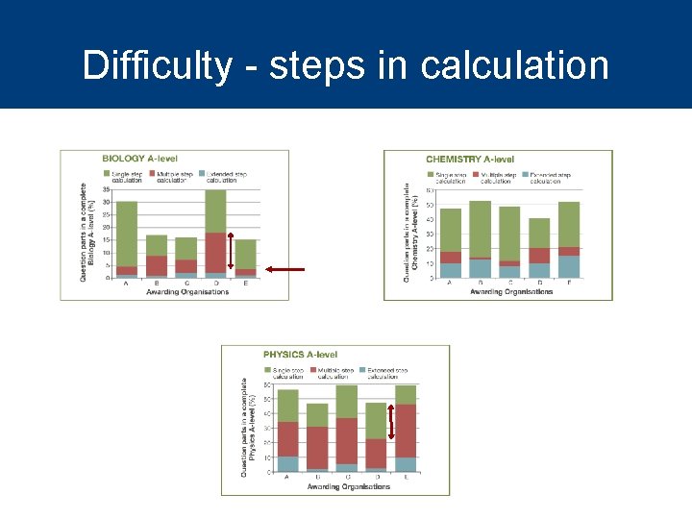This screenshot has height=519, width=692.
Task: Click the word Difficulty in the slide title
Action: tap(157, 65)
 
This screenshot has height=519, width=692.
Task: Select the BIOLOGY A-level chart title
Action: tap(140, 159)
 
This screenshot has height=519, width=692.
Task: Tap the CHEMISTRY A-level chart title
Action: tap(470, 159)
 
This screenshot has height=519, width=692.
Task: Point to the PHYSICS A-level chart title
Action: tap(301, 355)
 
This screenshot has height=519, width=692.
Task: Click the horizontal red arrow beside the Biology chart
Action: tap(286, 270)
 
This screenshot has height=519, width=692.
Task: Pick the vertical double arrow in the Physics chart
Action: tap(391, 422)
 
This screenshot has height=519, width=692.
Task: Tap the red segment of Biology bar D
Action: tap(215, 252)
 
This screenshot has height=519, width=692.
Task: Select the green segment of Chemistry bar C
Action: tap(509, 233)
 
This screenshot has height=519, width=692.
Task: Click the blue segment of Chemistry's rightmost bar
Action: tap(569, 266)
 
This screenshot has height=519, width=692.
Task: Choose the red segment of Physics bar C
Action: tap(346, 440)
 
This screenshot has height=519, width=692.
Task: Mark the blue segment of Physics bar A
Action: tap(287, 463)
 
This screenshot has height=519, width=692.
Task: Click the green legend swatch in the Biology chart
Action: tap(107, 173)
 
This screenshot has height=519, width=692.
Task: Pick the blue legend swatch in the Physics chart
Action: tap(362, 369)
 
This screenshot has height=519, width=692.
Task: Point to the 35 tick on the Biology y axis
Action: tap(107, 189)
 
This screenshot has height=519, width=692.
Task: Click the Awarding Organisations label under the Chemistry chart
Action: tap(511, 292)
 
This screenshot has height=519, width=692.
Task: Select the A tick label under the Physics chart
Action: tap(287, 477)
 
